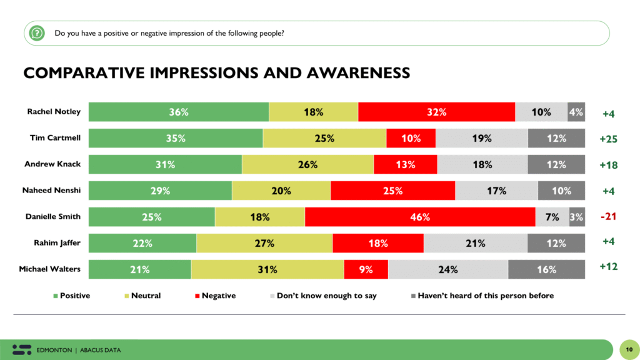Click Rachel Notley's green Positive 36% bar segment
pyautogui.click(x=179, y=112)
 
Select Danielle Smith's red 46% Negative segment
pyautogui.click(x=420, y=217)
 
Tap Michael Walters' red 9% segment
pyautogui.click(x=366, y=270)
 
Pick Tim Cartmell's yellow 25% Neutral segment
pyautogui.click(x=324, y=139)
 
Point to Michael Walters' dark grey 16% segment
pyautogui.click(x=546, y=270)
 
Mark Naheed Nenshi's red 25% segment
pyautogui.click(x=392, y=191)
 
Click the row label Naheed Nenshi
pyautogui.click(x=54, y=191)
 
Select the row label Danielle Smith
pyautogui.click(x=53, y=217)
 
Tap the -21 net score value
pyautogui.click(x=608, y=216)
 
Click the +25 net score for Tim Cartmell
pyautogui.click(x=608, y=139)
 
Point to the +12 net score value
pyautogui.click(x=608, y=267)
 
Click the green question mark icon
pyautogui.click(x=37, y=32)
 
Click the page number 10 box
pyautogui.click(x=627, y=349)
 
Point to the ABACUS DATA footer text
pyautogui.click(x=100, y=350)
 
